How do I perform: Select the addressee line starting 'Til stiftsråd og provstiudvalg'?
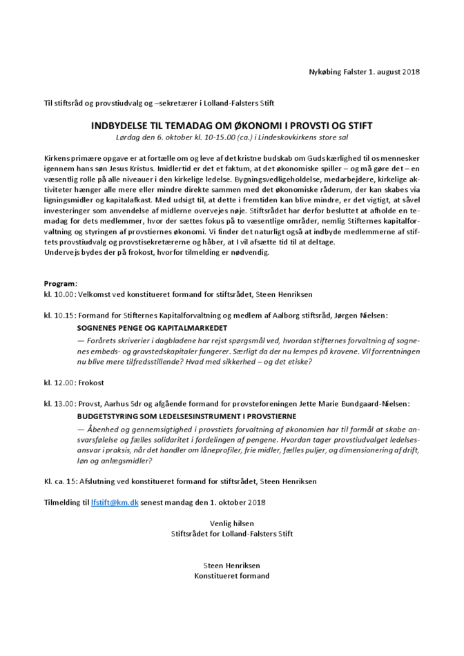pyautogui.click(x=159, y=104)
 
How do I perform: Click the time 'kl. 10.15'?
pyautogui.click(x=58, y=315)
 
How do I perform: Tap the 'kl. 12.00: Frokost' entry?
pyautogui.click(x=74, y=382)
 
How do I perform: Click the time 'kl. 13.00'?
pyautogui.click(x=58, y=403)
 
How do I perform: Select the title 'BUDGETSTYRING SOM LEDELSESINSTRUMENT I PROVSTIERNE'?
pyautogui.click(x=186, y=416)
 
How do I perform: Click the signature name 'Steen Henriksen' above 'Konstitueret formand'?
pyautogui.click(x=232, y=565)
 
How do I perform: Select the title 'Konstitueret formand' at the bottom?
pyautogui.click(x=232, y=575)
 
